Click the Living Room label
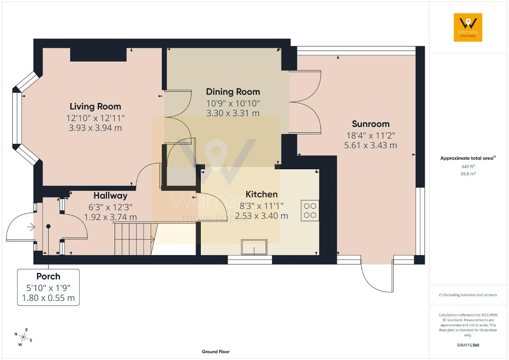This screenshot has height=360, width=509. pos(95,106)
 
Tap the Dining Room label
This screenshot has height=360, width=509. pos(233,92)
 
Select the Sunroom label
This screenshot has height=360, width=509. pos(371,124)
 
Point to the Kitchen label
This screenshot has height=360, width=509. pos(262,194)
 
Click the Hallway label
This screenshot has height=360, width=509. pos(111,195)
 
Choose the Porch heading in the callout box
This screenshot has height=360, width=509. pos(49,276)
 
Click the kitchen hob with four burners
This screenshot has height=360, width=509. pos(310,211)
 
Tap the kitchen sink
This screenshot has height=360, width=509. pos(254,247)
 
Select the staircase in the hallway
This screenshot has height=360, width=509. pos(134,239)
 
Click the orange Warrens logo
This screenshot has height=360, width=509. pos(468,27)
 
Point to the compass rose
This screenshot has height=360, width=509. pos(23,337)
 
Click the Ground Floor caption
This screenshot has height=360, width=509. pos(216,352)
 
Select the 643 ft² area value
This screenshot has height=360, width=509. pos(468,166)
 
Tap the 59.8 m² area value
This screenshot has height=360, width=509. pos(468,174)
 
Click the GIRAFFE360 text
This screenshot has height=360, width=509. pos(468,345)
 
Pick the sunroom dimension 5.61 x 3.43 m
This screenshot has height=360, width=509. pos(371,145)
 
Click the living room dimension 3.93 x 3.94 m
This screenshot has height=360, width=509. pos(95,128)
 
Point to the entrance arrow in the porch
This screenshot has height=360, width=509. pos(31,227)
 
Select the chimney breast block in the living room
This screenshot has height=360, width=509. pos(98,55)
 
